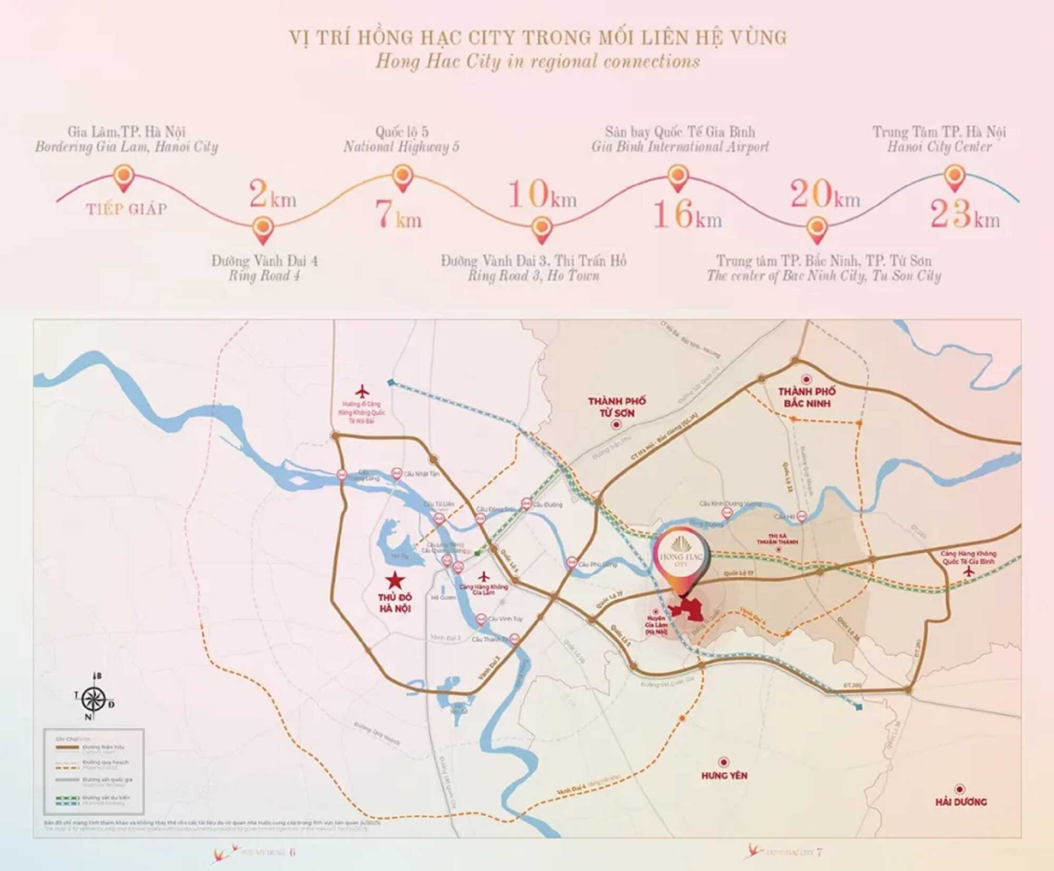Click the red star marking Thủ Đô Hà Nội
(x=394, y=580)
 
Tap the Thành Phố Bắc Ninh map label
(x=807, y=397)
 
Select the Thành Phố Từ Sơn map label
(x=617, y=407)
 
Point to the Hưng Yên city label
(x=723, y=775)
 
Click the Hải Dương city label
(x=960, y=801)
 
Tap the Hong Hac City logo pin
(x=681, y=556)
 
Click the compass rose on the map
(x=94, y=699)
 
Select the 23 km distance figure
(x=965, y=214)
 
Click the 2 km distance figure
(x=272, y=195)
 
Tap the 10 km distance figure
(x=541, y=195)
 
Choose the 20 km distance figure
(x=824, y=195)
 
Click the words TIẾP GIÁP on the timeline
(x=126, y=209)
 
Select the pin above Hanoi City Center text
(x=954, y=177)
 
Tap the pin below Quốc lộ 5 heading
(x=402, y=177)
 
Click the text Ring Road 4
(x=264, y=276)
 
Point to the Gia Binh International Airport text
(x=680, y=147)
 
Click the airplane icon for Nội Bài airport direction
(x=363, y=392)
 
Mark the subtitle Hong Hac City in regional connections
(x=537, y=62)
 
